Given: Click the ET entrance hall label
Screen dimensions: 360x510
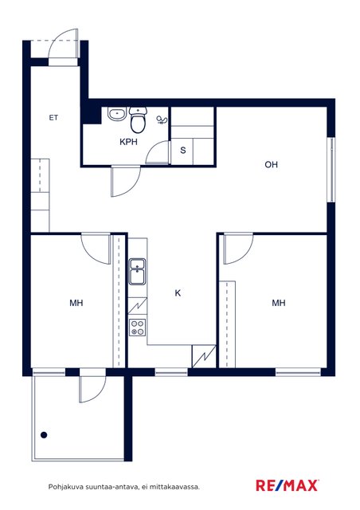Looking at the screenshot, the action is tap(53, 118).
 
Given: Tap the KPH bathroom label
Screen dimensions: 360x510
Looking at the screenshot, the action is tap(128, 142).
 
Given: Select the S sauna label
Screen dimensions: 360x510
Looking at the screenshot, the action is tap(183, 151).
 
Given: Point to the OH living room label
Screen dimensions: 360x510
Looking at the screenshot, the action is tap(272, 165).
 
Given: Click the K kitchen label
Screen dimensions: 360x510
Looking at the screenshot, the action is tap(178, 293).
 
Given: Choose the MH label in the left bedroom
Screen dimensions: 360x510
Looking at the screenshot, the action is tap(76, 303).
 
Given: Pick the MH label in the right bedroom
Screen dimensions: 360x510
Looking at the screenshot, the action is tap(279, 303).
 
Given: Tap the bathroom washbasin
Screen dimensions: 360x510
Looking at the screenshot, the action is tap(117, 114).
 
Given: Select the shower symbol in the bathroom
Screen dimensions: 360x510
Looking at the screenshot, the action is tap(162, 120).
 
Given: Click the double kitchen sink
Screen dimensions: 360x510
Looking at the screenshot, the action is tap(138, 272).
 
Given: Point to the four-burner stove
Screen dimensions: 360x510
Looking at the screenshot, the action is tap(138, 328).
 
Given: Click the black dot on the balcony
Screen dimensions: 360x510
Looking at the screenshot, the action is tap(44, 435).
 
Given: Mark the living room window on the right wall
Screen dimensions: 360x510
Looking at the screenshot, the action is tap(331, 170).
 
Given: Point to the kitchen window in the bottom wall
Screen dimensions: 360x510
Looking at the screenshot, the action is tap(171, 372).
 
